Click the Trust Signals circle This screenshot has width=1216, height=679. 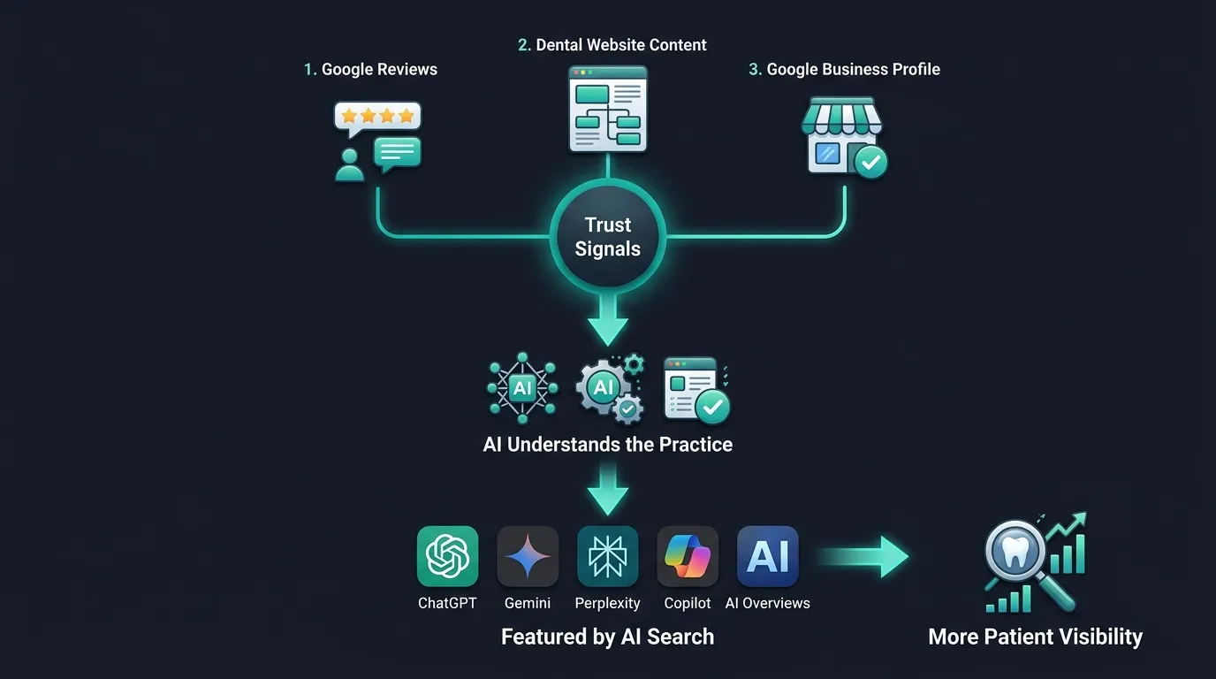coord(607,237)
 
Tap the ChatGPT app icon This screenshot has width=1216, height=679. coord(447,556)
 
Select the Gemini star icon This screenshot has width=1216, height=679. coord(527,556)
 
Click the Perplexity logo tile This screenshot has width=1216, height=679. coord(607,556)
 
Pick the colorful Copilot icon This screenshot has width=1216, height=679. coord(688,557)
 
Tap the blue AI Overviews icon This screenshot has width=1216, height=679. coord(768,556)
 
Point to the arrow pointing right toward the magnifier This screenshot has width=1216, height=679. coord(863,557)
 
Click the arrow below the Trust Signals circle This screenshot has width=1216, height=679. coord(607,320)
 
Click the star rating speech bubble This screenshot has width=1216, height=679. coord(377,118)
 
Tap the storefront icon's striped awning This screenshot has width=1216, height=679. coord(841,116)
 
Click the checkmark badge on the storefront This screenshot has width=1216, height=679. coord(870,162)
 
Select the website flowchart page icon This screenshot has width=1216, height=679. coord(607,109)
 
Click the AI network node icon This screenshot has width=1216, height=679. coord(522,388)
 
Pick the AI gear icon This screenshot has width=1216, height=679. coord(607,389)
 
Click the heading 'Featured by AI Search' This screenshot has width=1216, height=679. coord(607,637)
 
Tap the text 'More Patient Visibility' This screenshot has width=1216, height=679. coord(1035,637)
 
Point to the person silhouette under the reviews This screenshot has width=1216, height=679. coord(350,165)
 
